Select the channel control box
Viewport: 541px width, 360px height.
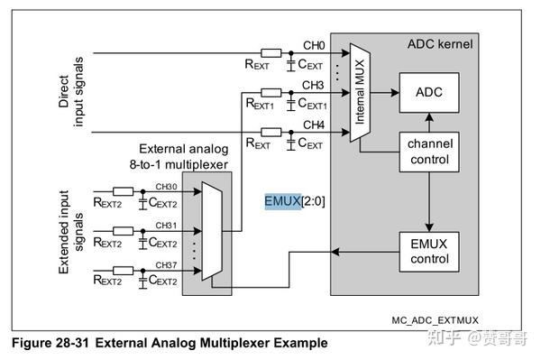coord(427,152)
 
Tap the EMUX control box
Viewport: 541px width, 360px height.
coord(427,250)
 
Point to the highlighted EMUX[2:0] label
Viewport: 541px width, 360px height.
coord(294,201)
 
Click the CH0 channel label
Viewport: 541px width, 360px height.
coord(313,44)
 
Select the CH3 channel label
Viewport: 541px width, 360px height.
coord(313,85)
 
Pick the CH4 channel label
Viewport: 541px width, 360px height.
coord(313,125)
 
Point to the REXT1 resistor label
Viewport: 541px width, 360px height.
coord(261,106)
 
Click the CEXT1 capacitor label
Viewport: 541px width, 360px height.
coord(309,106)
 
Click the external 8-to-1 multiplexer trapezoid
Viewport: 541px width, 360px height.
coord(211,229)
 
